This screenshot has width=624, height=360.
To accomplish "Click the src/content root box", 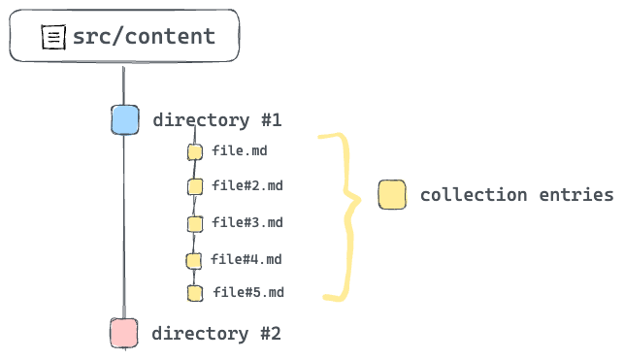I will coord(124,37).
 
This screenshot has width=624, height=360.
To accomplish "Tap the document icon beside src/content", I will coord(52,38).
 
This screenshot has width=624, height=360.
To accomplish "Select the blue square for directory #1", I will coord(124,120).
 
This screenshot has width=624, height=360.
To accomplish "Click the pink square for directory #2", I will coord(123,333).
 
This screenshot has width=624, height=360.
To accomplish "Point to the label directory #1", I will coord(216,120).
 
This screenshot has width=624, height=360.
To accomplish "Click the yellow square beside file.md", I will coord(195,151).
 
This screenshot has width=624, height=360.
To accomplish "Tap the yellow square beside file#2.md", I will coord(195,186).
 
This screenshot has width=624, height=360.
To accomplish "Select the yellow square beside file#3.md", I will coord(195,223).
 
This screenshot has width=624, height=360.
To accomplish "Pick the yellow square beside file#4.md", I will coord(194,260).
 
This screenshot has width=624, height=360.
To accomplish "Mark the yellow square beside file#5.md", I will coord(195,293).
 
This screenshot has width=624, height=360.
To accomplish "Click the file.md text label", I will coord(239,150).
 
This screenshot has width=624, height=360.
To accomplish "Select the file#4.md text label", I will coord(246,259).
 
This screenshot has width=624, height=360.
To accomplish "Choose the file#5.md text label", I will coord(248,292).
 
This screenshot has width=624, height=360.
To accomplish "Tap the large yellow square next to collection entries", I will coord(392,195).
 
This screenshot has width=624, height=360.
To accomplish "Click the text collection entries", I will coord(516,195).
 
